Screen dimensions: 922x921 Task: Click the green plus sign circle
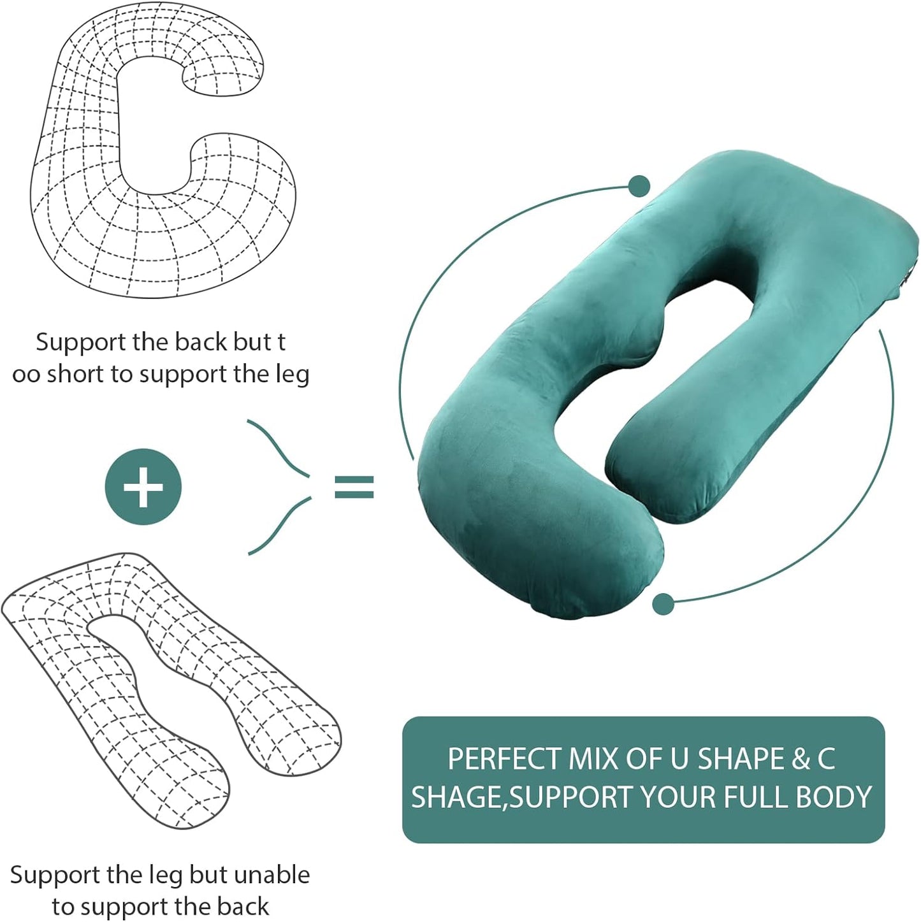pos(143,487)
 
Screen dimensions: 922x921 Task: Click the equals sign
pos(354,487)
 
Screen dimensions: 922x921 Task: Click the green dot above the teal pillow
pos(639,187)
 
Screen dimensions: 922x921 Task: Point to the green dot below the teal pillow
pos(664,603)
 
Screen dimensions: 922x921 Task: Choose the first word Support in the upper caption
pos(81,342)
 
